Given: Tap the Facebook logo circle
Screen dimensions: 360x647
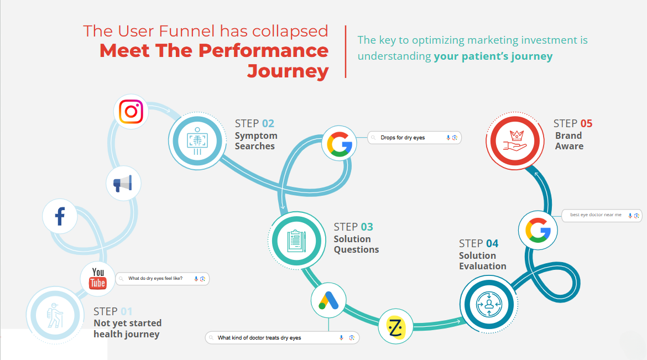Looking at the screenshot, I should click(60, 216).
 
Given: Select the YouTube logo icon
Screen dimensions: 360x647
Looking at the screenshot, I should click(98, 278).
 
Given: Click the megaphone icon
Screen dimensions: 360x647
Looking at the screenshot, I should click(123, 183).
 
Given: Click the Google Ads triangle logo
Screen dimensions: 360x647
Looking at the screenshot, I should click(329, 301).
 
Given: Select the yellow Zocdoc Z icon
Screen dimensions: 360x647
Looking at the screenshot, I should click(396, 327).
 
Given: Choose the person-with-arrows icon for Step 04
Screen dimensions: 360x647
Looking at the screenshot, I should click(488, 303).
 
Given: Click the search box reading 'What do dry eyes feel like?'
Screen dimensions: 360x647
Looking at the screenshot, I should click(162, 279).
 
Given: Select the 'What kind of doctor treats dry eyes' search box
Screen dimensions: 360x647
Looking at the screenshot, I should click(281, 337).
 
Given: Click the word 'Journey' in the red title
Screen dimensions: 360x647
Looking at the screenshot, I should click(288, 71).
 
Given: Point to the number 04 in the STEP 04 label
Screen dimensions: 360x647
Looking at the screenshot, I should click(492, 243).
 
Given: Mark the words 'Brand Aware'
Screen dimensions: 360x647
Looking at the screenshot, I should click(569, 141).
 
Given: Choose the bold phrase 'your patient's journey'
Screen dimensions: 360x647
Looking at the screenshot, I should click(493, 56).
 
